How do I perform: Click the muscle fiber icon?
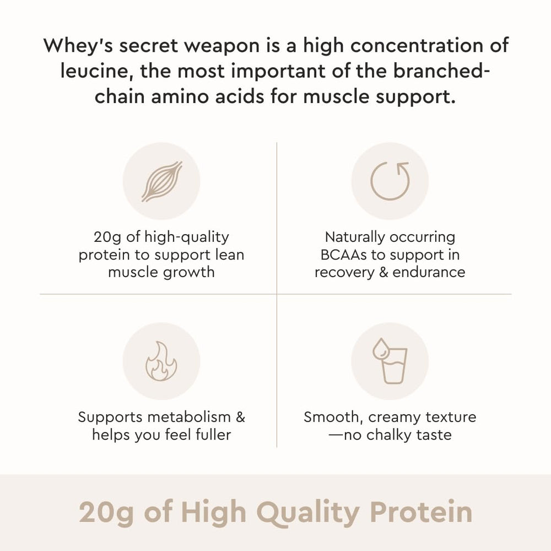click(x=161, y=181)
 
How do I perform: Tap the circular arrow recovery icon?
click(x=390, y=181)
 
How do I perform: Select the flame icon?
click(x=161, y=361)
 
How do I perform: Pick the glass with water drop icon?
click(x=390, y=361)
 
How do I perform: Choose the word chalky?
click(x=392, y=435)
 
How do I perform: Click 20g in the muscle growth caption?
click(x=107, y=237)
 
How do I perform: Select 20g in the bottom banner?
click(x=104, y=512)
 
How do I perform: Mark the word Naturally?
click(x=355, y=237)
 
